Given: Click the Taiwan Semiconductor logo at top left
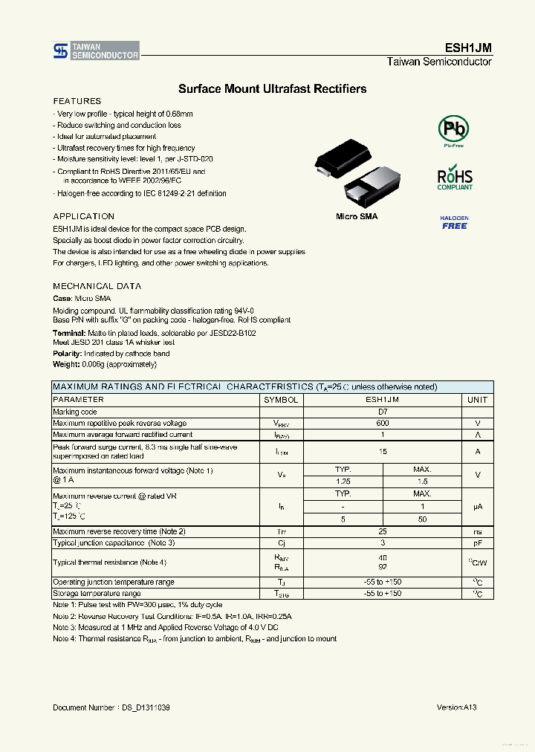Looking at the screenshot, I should (x=96, y=51).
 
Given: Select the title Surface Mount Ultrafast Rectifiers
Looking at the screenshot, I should (x=272, y=89).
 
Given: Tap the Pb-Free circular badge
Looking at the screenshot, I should (x=453, y=129).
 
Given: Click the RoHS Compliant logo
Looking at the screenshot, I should (x=454, y=179).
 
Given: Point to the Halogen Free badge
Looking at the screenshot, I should (x=454, y=222).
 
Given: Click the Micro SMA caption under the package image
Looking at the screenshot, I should (x=357, y=216).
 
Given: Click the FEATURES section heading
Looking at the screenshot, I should (x=77, y=101).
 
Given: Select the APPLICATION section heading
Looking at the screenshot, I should (x=84, y=216).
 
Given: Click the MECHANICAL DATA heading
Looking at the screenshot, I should (x=97, y=286).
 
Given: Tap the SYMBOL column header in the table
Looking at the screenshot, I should (x=281, y=400).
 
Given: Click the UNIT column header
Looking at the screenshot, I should (x=477, y=400).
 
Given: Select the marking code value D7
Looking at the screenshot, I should (x=383, y=412).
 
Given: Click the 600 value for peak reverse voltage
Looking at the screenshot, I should (x=383, y=423).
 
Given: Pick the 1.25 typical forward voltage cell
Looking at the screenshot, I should (x=343, y=482).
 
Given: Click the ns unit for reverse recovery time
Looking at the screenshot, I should (x=477, y=531).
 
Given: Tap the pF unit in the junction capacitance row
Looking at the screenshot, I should (x=477, y=543).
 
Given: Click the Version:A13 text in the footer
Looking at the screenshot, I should (x=456, y=708).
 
